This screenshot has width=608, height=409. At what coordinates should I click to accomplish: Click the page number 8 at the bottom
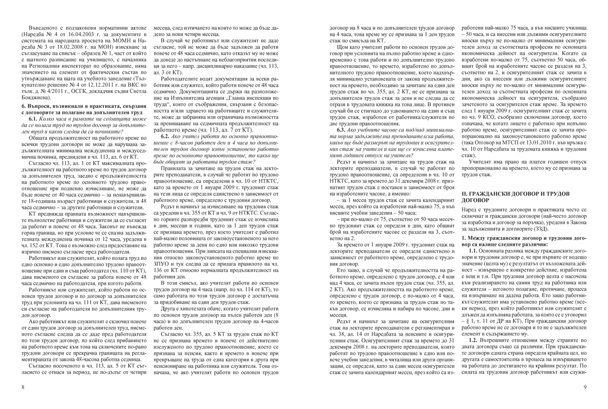click(x=23, y=388)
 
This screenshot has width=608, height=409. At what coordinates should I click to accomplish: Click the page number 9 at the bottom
click(x=585, y=388)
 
